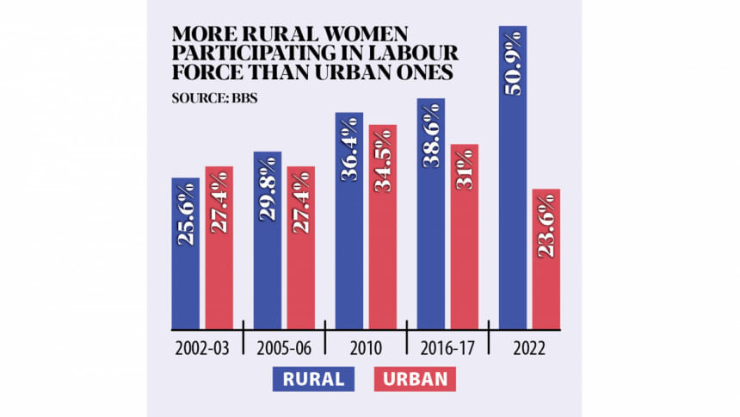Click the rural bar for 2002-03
(x=186, y=253)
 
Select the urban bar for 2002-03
(x=219, y=248)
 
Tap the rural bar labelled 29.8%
(x=268, y=240)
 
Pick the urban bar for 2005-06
(x=300, y=248)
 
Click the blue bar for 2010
(x=349, y=221)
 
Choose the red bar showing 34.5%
(x=382, y=227)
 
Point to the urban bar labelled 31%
(x=464, y=237)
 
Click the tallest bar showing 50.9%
(x=513, y=177)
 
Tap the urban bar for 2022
(x=546, y=258)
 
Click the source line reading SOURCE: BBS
(x=215, y=97)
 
